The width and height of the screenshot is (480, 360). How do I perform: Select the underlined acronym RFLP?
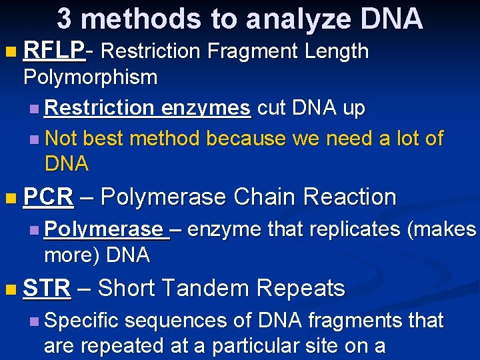pos(53,51)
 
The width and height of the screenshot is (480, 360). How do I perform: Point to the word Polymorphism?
pos(90,77)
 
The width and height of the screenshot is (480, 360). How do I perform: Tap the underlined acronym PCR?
pos(47,197)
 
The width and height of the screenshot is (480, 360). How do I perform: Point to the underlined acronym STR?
pos(47,289)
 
